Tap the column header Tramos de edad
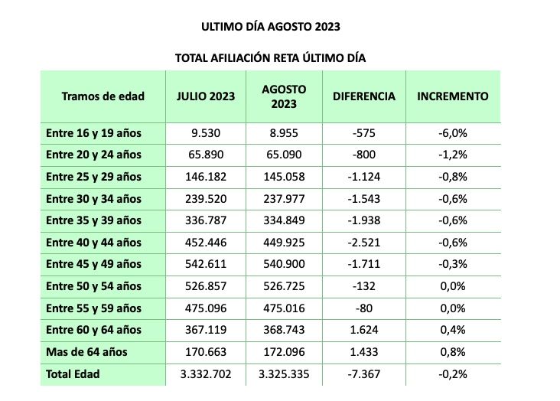pyautogui.click(x=102, y=96)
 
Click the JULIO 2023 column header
pyautogui.click(x=206, y=96)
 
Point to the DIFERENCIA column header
pyautogui.click(x=364, y=96)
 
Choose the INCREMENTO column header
pyautogui.click(x=452, y=96)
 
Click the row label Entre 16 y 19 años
pyautogui.click(x=93, y=133)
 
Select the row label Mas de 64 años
pyautogui.click(x=86, y=353)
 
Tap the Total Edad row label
pyautogui.click(x=73, y=375)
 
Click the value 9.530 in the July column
pyautogui.click(x=206, y=133)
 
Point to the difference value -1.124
pyautogui.click(x=364, y=177)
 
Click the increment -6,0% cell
pyautogui.click(x=453, y=133)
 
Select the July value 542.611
pyautogui.click(x=206, y=265)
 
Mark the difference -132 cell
pyautogui.click(x=364, y=287)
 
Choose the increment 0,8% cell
pyautogui.click(x=453, y=353)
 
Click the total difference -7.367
pyautogui.click(x=364, y=375)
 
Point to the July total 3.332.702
pyautogui.click(x=206, y=375)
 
